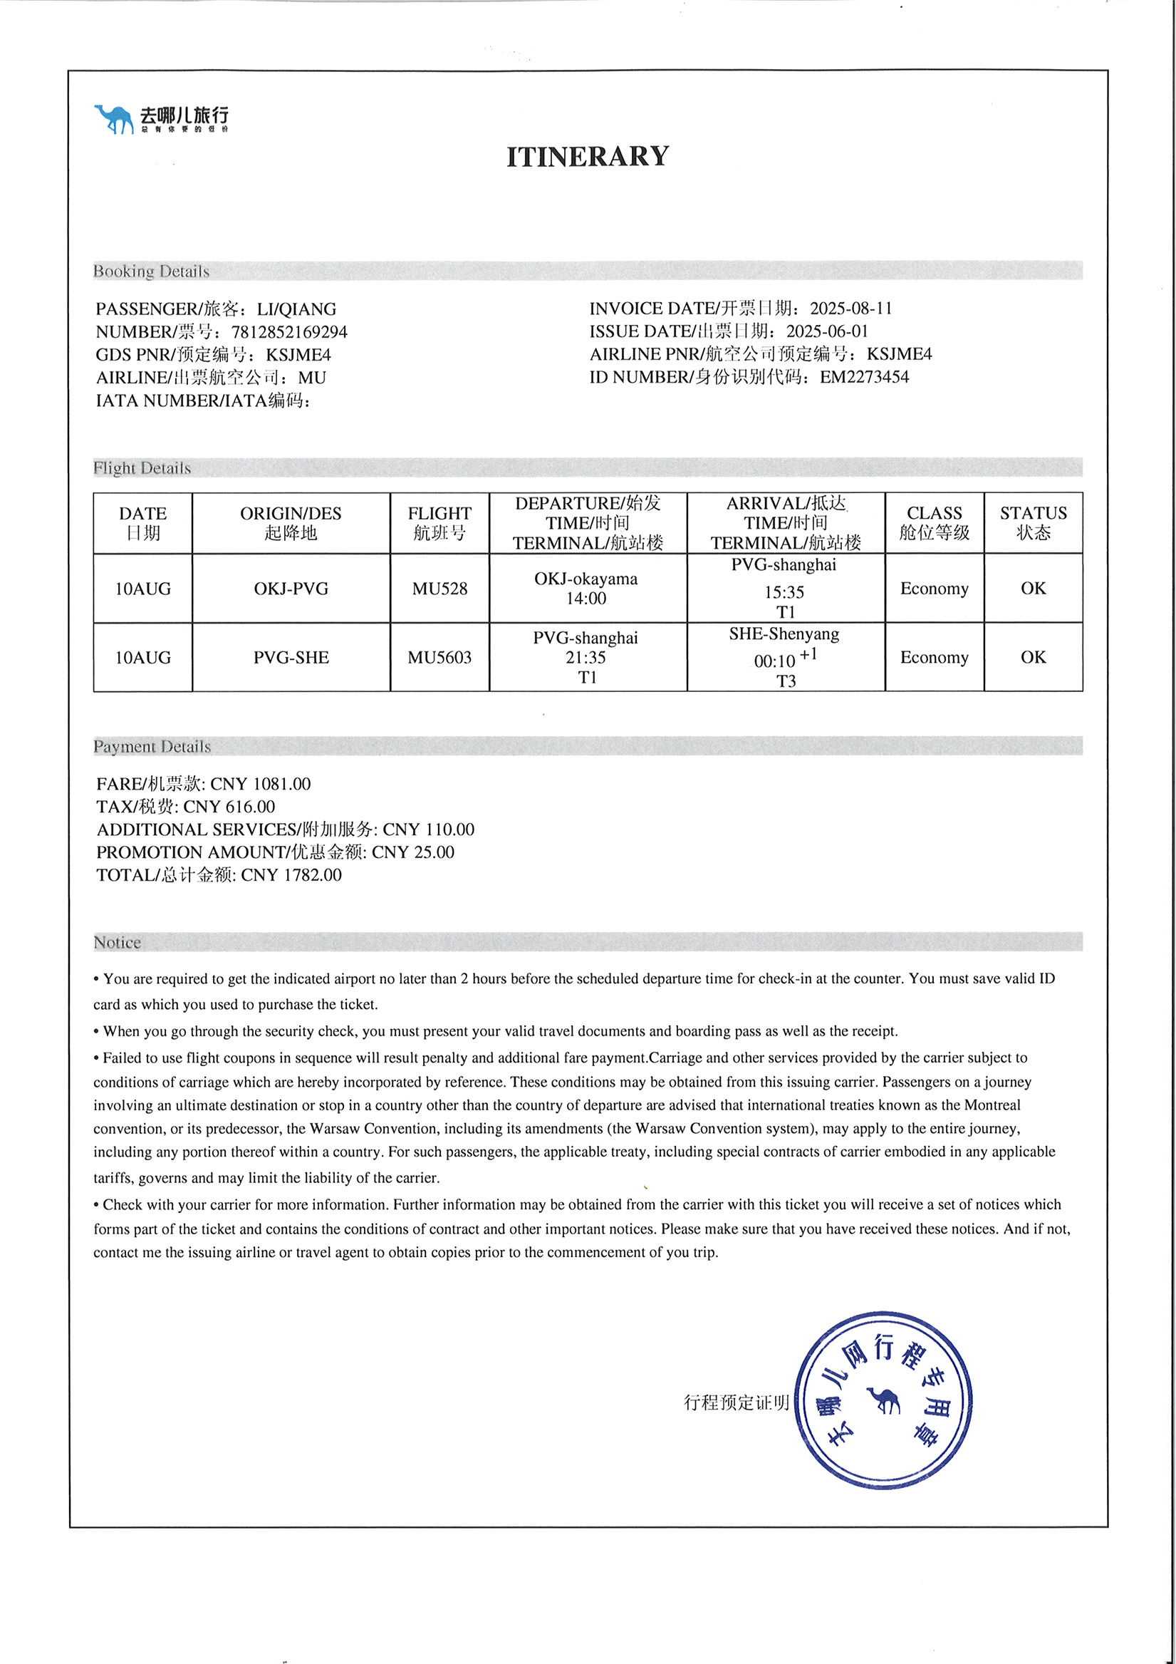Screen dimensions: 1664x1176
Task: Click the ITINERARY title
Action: pos(587,157)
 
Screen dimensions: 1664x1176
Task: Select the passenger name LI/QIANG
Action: pos(296,309)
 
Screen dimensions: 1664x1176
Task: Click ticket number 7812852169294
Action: pos(289,332)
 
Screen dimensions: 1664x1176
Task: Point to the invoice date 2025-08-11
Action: pos(850,308)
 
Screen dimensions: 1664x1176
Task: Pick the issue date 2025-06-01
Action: pos(827,331)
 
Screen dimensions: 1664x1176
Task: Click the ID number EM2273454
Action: pos(864,377)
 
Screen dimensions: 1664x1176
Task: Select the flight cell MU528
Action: pos(439,589)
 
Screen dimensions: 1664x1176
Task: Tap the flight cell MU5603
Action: pos(439,657)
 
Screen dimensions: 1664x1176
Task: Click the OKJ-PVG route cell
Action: pos(291,589)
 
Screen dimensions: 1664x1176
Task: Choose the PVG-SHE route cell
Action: pos(291,657)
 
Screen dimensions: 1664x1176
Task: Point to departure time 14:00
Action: pos(586,599)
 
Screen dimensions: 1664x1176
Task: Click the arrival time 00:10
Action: pos(774,661)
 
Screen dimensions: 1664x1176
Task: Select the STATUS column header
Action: pos(1034,522)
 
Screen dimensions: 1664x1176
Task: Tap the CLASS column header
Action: pos(934,522)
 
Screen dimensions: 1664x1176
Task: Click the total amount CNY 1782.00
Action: pos(291,875)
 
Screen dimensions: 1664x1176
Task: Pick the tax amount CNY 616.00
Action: pos(229,807)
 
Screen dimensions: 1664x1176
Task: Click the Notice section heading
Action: pos(118,942)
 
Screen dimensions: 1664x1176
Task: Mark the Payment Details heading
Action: pos(152,746)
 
